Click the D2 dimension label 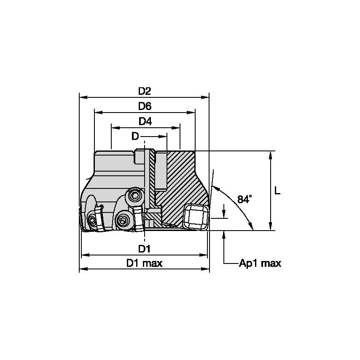pos(145,91)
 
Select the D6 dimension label pos(145,107)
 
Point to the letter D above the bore pos(135,136)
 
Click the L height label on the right pos(277,191)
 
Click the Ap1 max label pos(260,264)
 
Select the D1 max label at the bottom pos(145,263)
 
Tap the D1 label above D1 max pos(145,249)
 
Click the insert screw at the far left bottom pos(93,220)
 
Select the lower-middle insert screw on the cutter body pos(123,220)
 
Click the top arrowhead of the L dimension pos(270,154)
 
